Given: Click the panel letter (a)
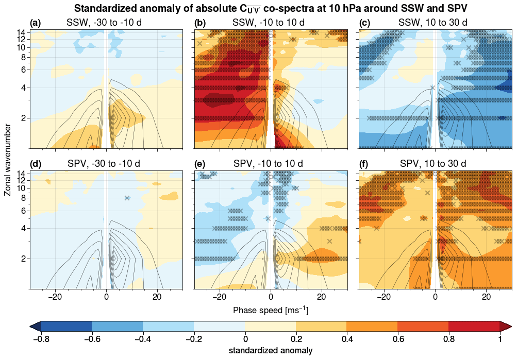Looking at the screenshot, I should click(x=36, y=23).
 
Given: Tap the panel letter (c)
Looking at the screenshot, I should click(x=364, y=23).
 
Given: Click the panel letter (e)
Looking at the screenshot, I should click(x=200, y=164).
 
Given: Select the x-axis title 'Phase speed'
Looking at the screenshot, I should click(x=271, y=311).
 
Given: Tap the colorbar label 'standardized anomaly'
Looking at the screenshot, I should click(x=271, y=351).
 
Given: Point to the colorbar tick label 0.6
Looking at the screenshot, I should click(x=397, y=338).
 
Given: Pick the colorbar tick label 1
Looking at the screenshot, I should click(x=499, y=338).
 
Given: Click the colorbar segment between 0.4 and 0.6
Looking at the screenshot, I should click(x=372, y=326).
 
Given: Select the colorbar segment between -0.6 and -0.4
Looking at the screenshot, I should click(x=117, y=326).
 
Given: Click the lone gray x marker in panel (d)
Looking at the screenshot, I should click(x=127, y=198).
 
